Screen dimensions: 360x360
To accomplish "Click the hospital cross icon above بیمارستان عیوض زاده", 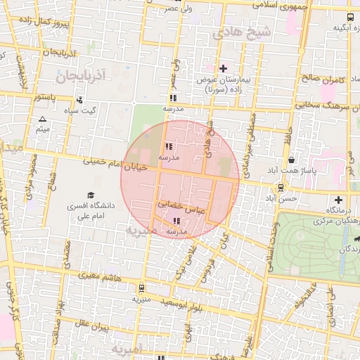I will [x=223, y=68].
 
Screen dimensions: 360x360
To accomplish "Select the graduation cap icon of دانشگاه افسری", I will [x=90, y=195].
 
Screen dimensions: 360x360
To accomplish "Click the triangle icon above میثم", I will [x=43, y=120].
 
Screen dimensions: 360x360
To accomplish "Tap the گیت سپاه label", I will [x=80, y=110].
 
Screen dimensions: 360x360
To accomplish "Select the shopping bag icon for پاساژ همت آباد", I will [x=291, y=160].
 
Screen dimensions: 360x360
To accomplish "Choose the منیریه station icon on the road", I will [x=143, y=287].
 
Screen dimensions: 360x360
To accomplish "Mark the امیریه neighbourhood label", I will [x=127, y=349].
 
